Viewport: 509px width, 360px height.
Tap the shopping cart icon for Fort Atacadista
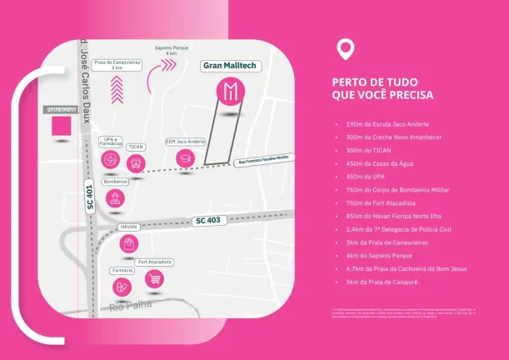tap(154, 278)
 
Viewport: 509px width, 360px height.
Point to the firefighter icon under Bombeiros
tap(115, 198)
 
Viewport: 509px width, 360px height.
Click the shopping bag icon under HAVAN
tap(128, 243)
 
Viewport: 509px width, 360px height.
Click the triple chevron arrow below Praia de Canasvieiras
tap(117, 85)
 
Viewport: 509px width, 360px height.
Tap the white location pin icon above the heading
tap(344, 47)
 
